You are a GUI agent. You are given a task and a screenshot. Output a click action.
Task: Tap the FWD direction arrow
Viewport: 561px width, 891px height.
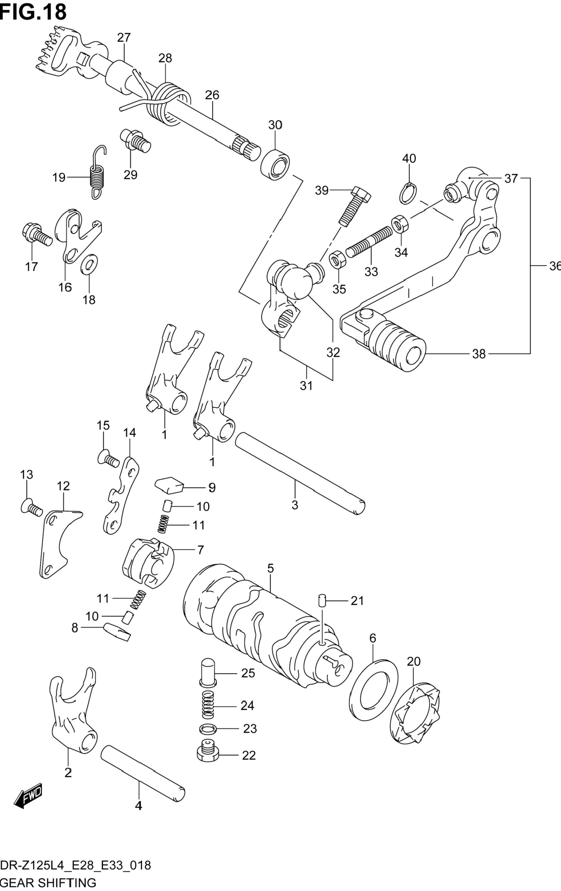pos(28,796)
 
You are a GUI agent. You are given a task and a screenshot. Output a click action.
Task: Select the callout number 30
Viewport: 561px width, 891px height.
pos(275,125)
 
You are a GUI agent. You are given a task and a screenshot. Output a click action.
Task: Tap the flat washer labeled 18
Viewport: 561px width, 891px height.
pos(89,265)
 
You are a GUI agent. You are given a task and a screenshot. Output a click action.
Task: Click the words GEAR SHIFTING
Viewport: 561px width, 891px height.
pos(48,883)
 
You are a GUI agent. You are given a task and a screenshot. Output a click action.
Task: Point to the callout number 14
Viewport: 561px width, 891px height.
pos(130,432)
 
